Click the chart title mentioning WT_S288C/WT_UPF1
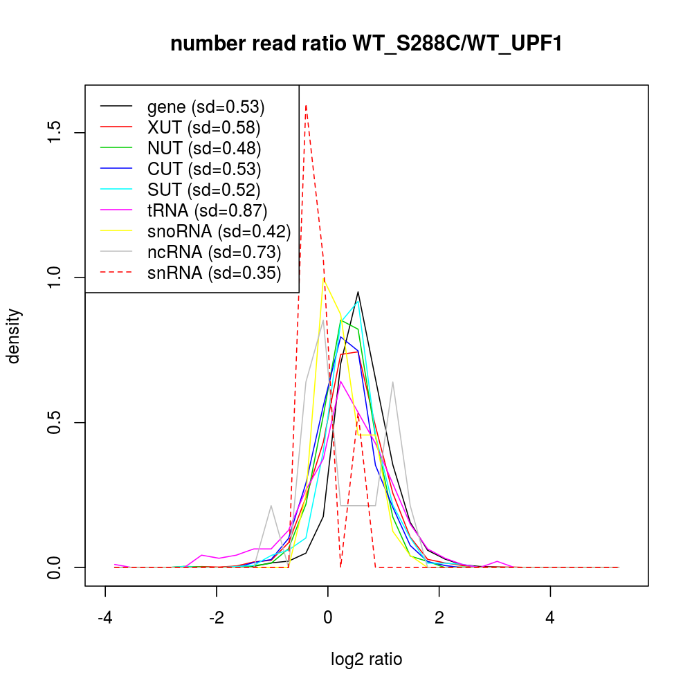coord(366,44)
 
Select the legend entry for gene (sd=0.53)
coord(206,107)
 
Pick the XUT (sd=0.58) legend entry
coord(203,128)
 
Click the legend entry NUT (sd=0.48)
coord(204,148)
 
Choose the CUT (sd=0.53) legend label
coord(204,169)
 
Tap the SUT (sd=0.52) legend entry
coord(204,190)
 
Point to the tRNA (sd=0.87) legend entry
coord(207,210)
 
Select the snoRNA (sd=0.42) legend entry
coord(219,231)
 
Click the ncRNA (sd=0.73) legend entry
coord(214,252)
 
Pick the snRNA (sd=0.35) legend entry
coord(214,273)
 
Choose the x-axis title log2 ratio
coord(367,659)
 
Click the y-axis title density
coord(14,336)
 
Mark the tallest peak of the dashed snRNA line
coord(306,106)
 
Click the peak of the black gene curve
coord(358,292)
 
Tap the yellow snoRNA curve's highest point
coord(323,279)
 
